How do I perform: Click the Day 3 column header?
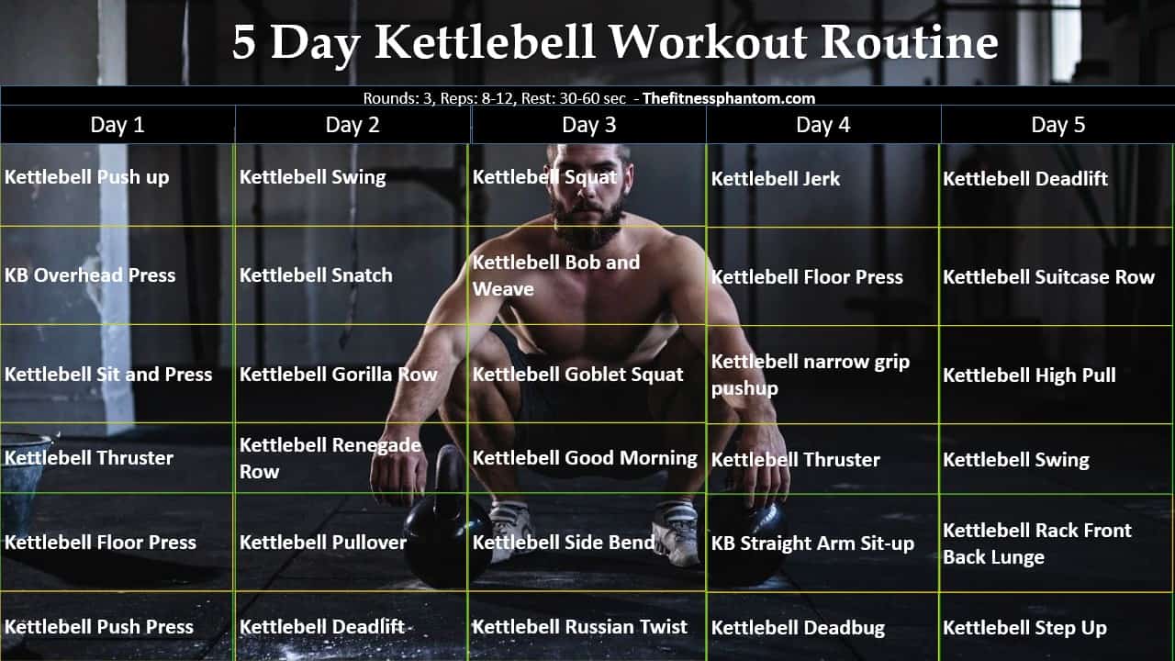588,125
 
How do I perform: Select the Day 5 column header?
1057,125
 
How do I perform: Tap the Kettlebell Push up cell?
87,177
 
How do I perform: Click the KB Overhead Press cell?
90,274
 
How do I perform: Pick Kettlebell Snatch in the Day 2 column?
316,274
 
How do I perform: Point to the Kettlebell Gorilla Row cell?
338,375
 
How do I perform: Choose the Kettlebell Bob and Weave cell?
556,275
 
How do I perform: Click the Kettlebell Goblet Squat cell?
577,375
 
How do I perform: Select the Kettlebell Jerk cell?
776,179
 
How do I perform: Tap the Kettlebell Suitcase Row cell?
1048,276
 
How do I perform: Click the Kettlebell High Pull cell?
1029,375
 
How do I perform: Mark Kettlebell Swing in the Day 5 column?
1016,459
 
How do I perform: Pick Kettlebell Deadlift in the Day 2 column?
322,627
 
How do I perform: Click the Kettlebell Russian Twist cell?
579,627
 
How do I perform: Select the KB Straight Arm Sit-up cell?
812,543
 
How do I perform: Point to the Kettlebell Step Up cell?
1024,628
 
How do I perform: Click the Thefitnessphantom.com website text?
729,98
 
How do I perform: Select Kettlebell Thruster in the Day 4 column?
796,459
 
